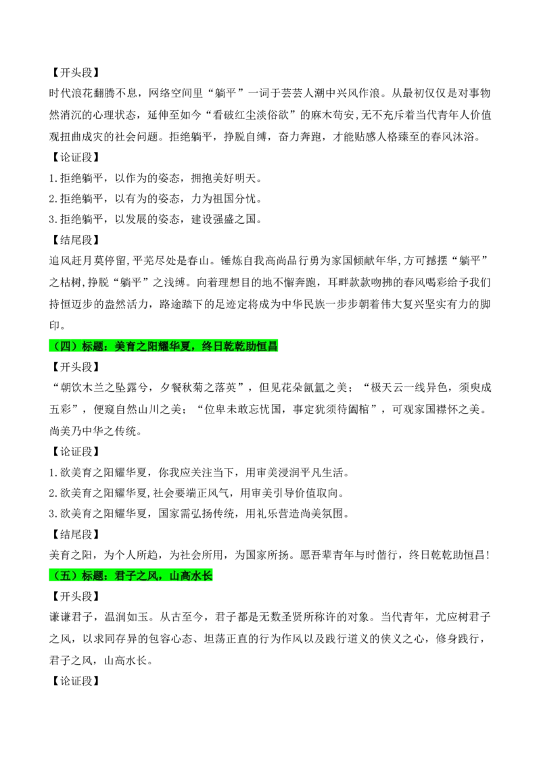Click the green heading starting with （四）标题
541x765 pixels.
pos(164,347)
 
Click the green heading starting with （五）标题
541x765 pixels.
pos(131,576)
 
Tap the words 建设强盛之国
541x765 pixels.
pos(223,219)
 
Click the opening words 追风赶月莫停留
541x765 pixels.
pos(87,261)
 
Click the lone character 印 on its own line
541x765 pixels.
pos(55,326)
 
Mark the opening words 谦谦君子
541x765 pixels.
pos(71,617)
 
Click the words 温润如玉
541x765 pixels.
pos(126,617)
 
